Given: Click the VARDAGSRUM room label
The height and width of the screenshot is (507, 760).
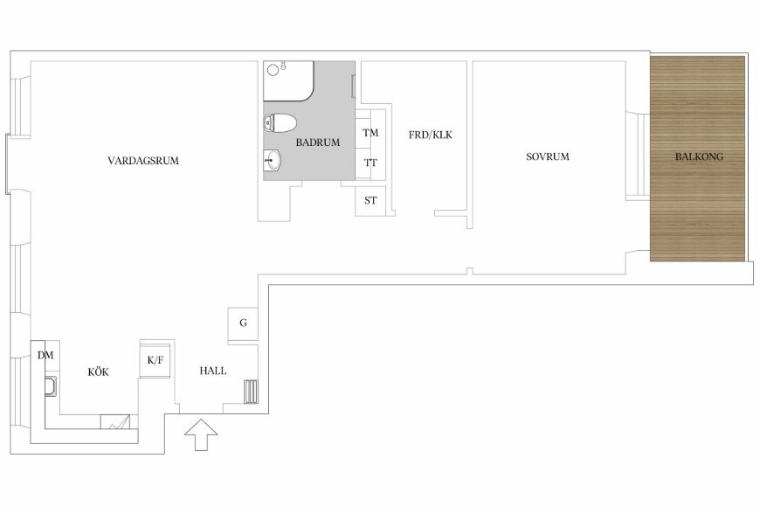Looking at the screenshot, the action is [143, 161].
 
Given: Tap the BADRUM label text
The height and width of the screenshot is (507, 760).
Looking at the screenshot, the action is [318, 142].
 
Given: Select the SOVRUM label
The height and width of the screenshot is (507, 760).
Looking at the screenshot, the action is [547, 156].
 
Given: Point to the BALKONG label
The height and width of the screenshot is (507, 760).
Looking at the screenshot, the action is [699, 156].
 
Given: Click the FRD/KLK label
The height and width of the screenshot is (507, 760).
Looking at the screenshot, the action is [431, 135].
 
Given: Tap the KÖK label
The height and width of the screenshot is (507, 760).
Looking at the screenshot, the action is [99, 372].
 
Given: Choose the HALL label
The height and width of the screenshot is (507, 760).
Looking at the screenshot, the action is [213, 371].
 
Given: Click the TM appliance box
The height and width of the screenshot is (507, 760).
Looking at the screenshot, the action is [370, 133].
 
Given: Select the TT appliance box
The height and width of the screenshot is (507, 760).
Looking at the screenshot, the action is [370, 163].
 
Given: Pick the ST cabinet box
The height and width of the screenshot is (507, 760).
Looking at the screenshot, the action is [370, 200].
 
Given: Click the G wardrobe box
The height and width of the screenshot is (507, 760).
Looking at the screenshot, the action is [243, 323].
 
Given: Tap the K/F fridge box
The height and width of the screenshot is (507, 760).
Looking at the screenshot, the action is [155, 360].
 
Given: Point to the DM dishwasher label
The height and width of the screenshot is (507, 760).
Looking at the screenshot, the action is [45, 356].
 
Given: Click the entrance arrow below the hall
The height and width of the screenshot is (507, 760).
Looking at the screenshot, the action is [201, 435].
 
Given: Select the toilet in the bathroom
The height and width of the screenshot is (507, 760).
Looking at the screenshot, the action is [280, 122].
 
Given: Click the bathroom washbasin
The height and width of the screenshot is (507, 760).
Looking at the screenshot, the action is [272, 160].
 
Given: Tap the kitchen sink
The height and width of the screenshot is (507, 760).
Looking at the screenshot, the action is [51, 386].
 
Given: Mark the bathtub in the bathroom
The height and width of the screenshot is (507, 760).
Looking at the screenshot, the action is [289, 81].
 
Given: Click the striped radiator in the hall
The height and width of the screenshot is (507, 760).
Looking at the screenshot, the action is [251, 392].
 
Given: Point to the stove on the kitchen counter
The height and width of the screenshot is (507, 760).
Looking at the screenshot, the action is [115, 421].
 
